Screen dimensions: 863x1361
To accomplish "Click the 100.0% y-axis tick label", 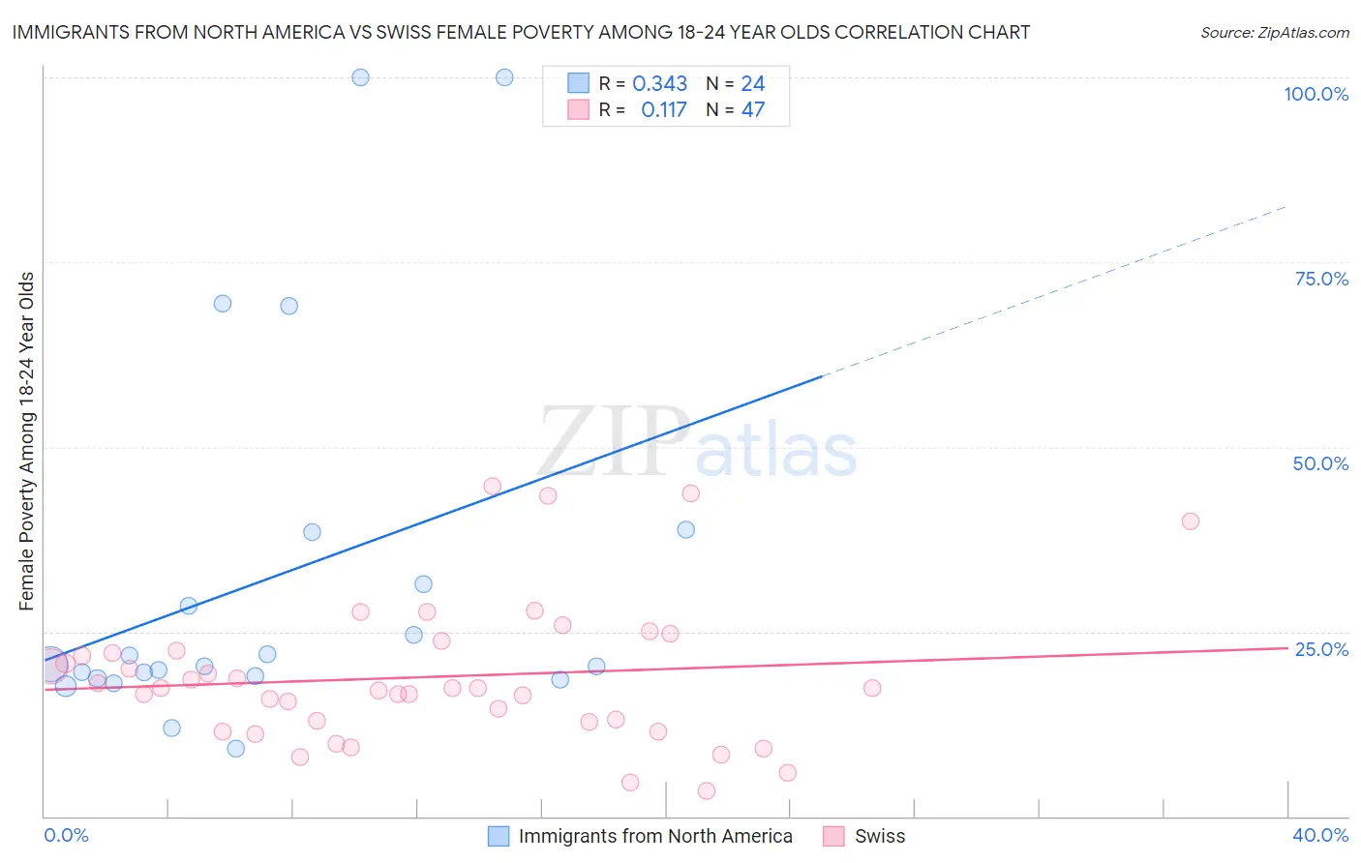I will (1316, 94).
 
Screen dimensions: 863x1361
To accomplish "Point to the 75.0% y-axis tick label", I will (1321, 279).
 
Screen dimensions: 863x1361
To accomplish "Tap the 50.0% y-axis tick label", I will (1320, 463).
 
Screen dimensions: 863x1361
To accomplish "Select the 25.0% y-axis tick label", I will (1321, 649).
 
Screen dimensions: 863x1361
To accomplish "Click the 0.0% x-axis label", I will (66, 835).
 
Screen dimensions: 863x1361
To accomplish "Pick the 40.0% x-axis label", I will (1319, 835).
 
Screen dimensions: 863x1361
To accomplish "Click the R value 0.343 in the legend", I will (659, 84).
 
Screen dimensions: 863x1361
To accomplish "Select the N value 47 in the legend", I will (752, 110).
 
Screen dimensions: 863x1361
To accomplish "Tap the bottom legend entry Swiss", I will (879, 836).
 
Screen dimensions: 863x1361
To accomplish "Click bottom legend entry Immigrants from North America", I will (654, 836).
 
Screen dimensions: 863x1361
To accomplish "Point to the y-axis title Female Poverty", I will (26, 441).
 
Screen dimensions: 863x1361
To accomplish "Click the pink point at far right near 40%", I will (1190, 521).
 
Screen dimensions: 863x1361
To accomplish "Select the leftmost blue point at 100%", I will (360, 77).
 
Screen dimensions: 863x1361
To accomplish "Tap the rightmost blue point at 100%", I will (504, 77).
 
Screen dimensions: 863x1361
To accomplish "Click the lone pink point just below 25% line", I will (872, 688).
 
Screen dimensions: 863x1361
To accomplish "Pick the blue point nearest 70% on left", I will (223, 304).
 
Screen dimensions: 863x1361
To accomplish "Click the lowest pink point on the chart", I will (707, 791).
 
